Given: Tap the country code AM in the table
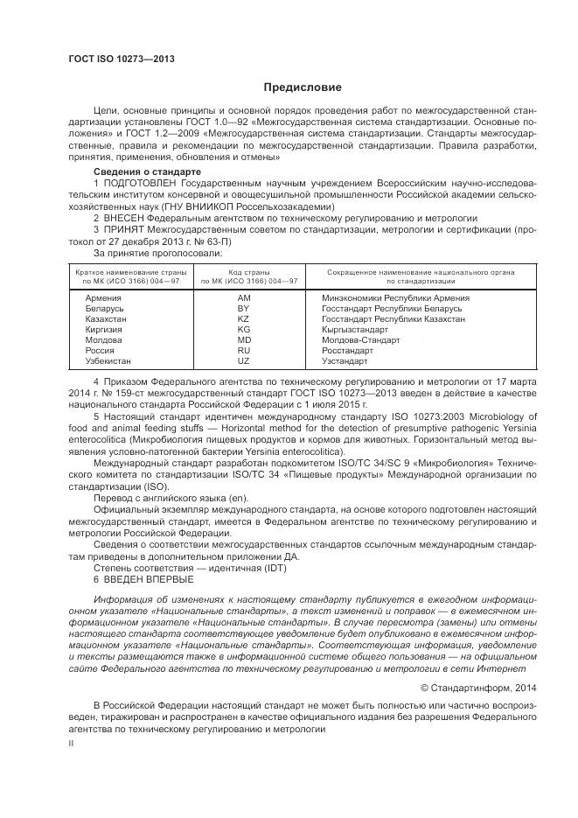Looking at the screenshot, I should click(x=244, y=298).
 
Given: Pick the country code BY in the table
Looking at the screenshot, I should click(x=244, y=309).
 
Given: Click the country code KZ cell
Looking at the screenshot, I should click(x=244, y=319).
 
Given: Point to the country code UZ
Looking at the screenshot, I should click(x=244, y=361).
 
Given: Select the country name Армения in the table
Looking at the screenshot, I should click(x=103, y=298).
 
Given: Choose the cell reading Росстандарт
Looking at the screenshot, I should click(x=348, y=351).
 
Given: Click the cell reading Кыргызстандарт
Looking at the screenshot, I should click(x=355, y=330).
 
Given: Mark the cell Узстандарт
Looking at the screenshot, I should click(x=345, y=361).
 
